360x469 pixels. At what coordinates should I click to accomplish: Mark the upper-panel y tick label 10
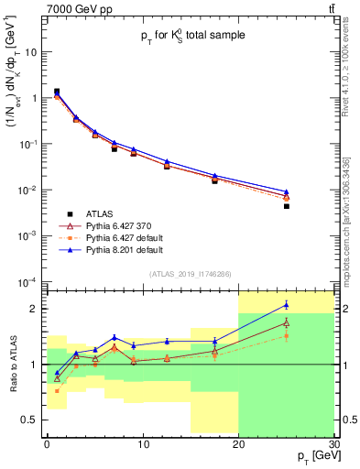click(x=31, y=52)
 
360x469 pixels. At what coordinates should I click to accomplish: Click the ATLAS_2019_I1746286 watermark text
click(x=191, y=273)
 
